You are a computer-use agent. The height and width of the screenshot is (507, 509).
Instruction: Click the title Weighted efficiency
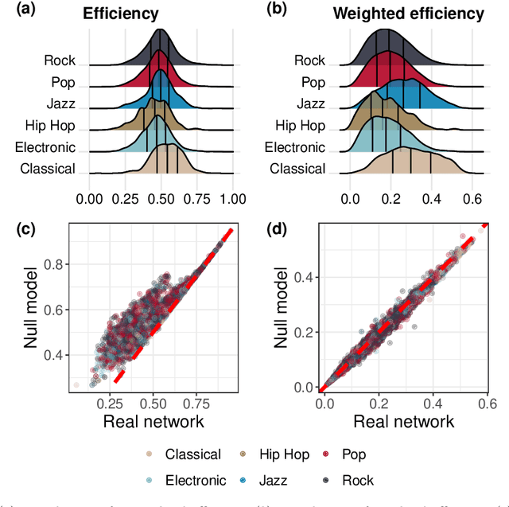coord(419,14)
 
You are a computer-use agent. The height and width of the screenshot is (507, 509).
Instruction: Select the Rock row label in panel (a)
coord(60,60)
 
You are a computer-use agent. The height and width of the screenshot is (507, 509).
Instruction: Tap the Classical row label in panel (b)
coord(297,168)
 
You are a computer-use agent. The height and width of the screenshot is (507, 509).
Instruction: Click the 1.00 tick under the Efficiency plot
coord(232,197)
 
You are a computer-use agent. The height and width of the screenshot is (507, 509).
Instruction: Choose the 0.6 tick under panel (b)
coord(472,197)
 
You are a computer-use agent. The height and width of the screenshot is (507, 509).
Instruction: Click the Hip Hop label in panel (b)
coord(300,125)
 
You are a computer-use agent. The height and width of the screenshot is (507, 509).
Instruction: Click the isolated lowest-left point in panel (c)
coord(76,384)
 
